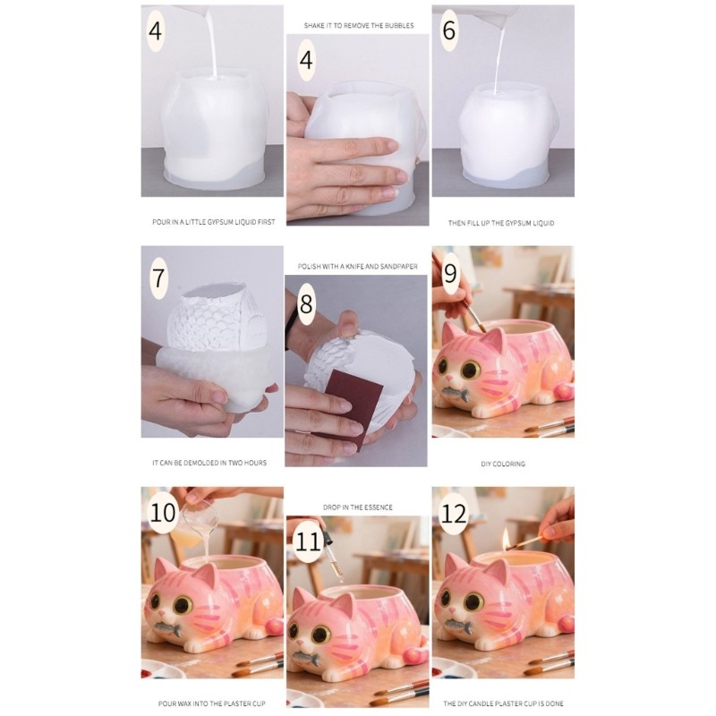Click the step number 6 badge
pyautogui.click(x=449, y=30)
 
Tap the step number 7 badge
pyautogui.click(x=158, y=278)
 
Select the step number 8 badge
pyautogui.click(x=306, y=303)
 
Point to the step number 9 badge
pyautogui.click(x=450, y=274)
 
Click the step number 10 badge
pyautogui.click(x=163, y=512)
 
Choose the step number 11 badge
pyautogui.click(x=307, y=542)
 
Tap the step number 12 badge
pyautogui.click(x=454, y=514)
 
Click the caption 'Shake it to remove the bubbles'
pyautogui.click(x=359, y=26)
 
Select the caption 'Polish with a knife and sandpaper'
pyautogui.click(x=357, y=266)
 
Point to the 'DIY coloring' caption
pyautogui.click(x=503, y=464)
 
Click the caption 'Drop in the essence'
pyautogui.click(x=357, y=507)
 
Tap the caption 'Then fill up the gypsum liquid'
pyautogui.click(x=501, y=223)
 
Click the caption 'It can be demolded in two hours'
pyautogui.click(x=209, y=463)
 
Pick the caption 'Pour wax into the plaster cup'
pyautogui.click(x=211, y=703)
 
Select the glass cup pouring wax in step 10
pyautogui.click(x=193, y=522)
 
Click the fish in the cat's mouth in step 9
pyautogui.click(x=456, y=393)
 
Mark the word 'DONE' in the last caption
pyautogui.click(x=553, y=703)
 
